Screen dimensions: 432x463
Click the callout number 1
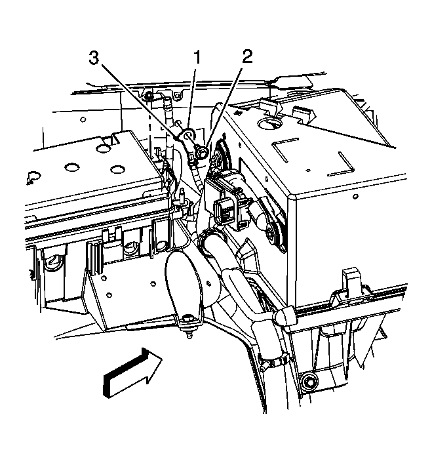197,57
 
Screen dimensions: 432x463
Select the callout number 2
247,56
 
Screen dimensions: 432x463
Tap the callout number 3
94,58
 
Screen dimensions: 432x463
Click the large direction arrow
132,373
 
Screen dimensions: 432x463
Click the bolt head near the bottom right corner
309,383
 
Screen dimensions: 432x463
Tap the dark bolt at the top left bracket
149,96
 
